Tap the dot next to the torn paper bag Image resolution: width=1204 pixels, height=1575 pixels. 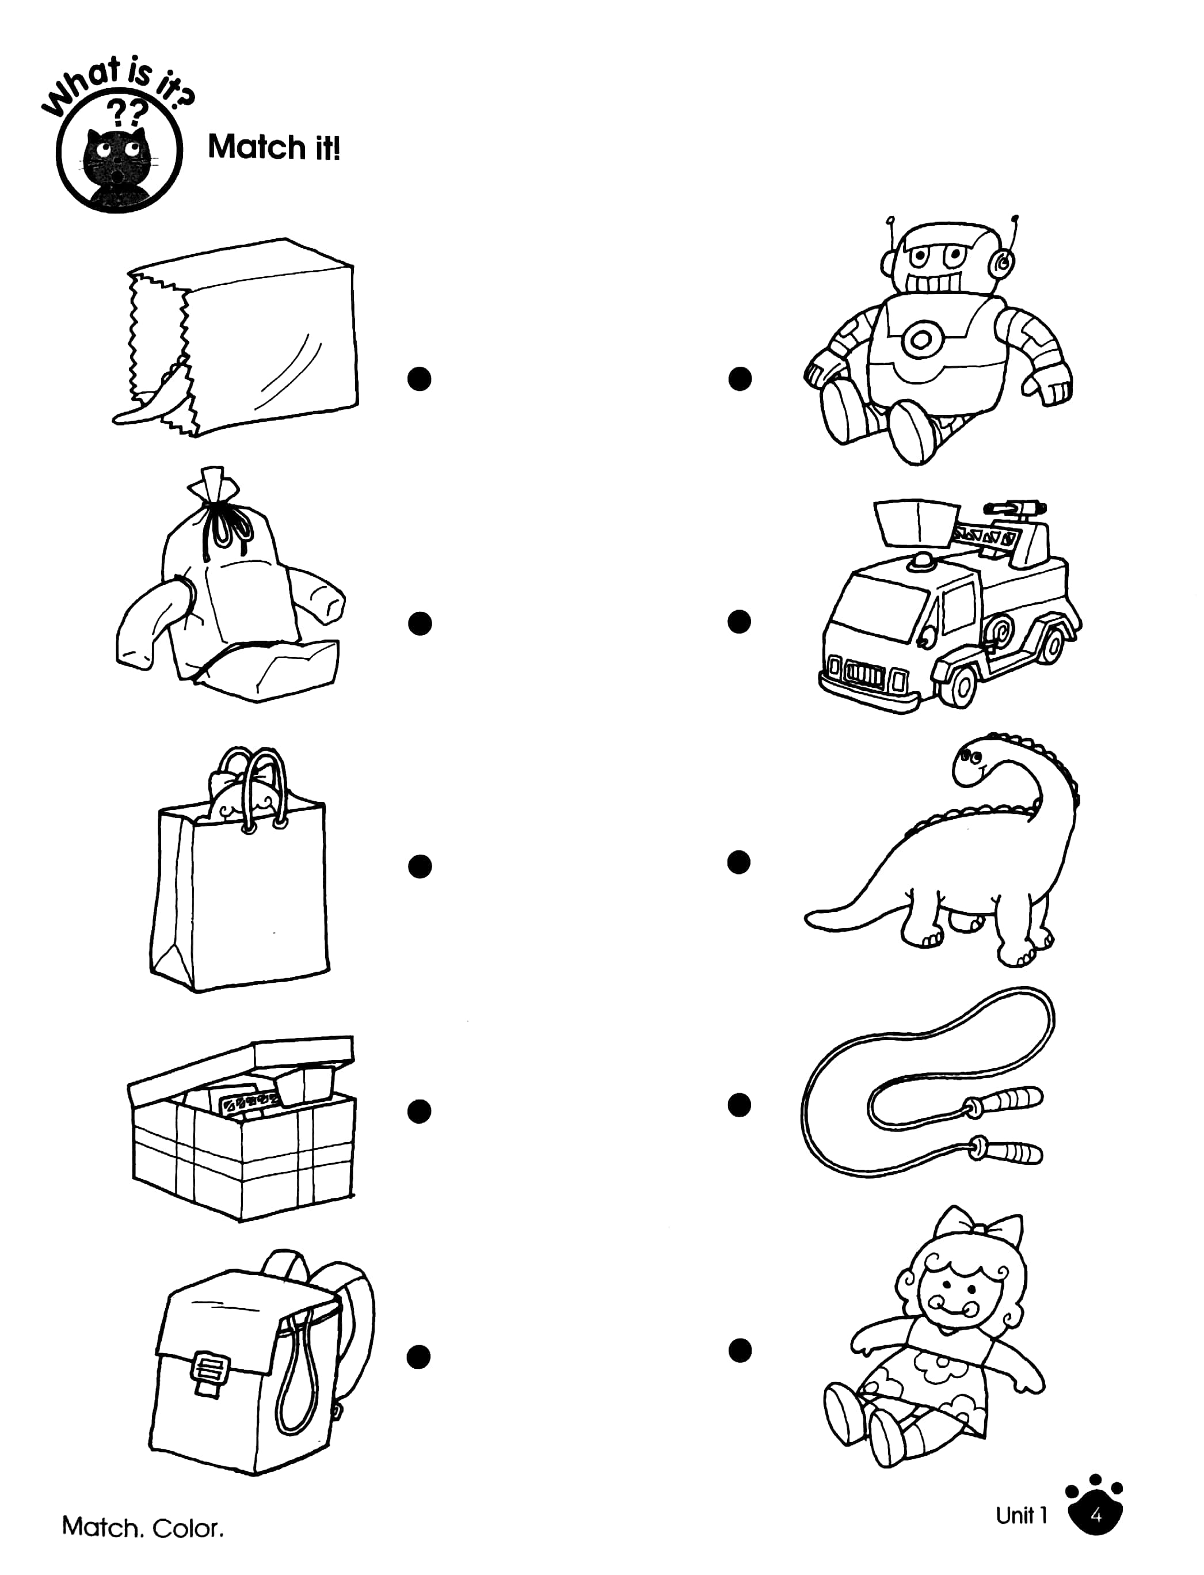419,379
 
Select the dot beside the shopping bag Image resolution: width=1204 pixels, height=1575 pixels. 419,866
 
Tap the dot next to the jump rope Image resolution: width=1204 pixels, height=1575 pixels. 740,1105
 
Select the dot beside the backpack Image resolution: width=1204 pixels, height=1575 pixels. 418,1356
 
